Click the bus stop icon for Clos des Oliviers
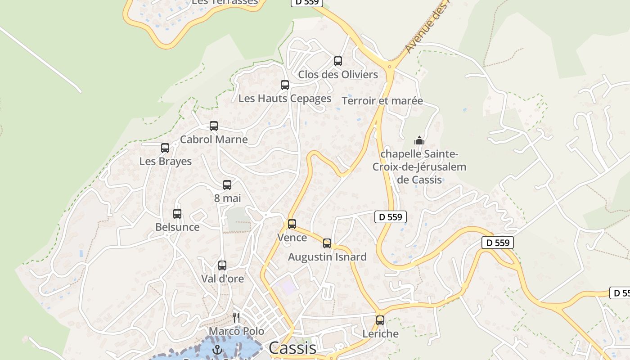click(x=338, y=61)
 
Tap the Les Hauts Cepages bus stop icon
click(x=285, y=85)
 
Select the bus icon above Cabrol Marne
click(x=214, y=126)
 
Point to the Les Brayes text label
click(x=166, y=161)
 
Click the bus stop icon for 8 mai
click(x=227, y=185)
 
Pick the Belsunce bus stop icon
click(x=177, y=214)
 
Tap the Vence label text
click(x=292, y=237)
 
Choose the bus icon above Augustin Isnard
click(x=327, y=243)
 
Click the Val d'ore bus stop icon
click(x=222, y=265)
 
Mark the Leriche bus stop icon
click(x=380, y=320)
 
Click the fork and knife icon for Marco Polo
click(x=235, y=317)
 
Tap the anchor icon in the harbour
click(x=218, y=349)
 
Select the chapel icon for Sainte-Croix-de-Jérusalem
click(x=419, y=140)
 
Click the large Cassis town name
click(x=292, y=348)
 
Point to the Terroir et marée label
click(x=382, y=100)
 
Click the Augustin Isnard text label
click(x=327, y=257)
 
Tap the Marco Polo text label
click(x=237, y=331)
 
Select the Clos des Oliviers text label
click(x=338, y=74)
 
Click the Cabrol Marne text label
click(x=214, y=139)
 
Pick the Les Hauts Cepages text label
click(x=285, y=98)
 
